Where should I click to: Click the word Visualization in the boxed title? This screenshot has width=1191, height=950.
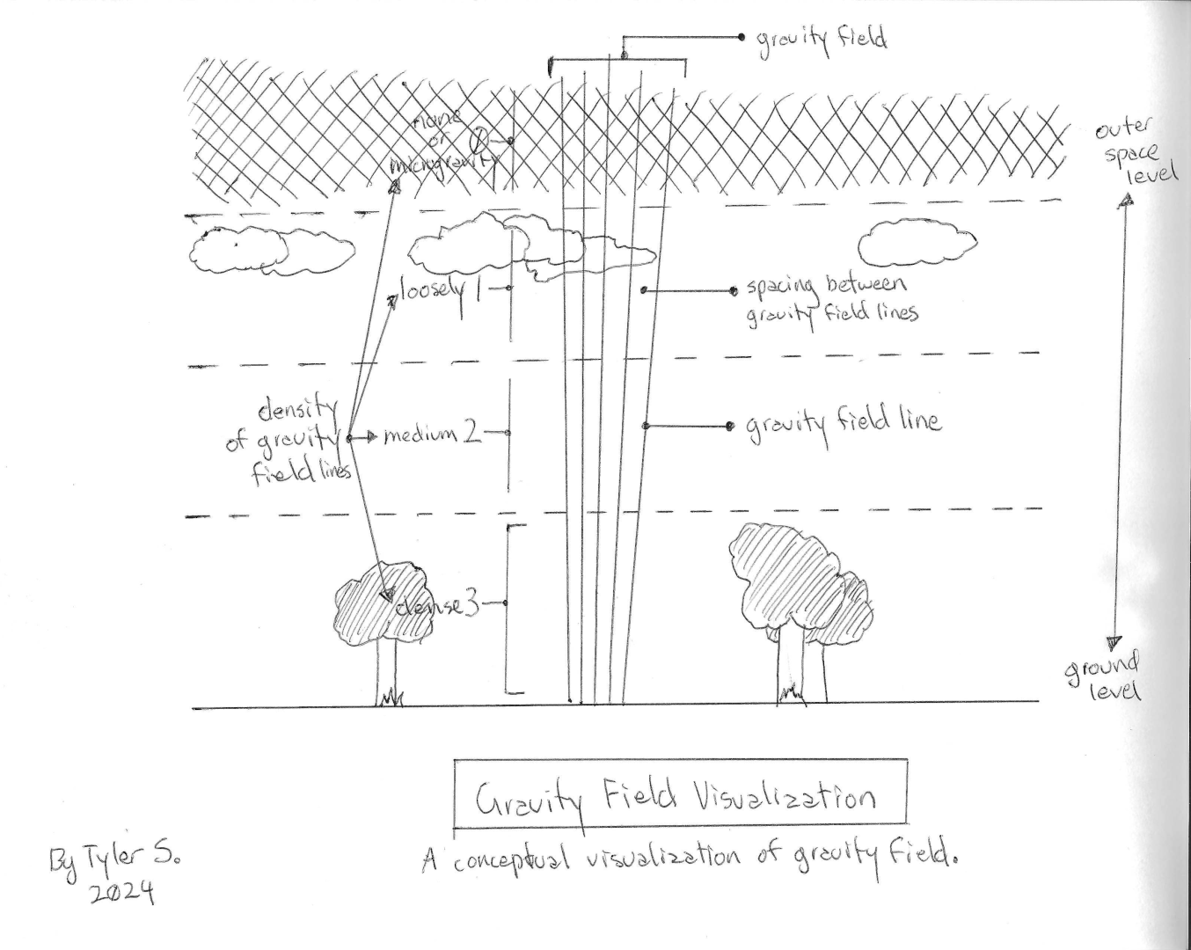tap(785, 797)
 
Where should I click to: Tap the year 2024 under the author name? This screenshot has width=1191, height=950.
tap(122, 890)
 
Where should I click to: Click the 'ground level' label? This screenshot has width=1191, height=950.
tap(1105, 676)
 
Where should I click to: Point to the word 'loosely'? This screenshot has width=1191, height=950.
tap(432, 289)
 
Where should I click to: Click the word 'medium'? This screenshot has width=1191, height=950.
tap(420, 435)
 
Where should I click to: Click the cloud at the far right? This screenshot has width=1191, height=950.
tap(915, 242)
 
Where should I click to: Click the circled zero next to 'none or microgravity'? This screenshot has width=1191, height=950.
tap(481, 139)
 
